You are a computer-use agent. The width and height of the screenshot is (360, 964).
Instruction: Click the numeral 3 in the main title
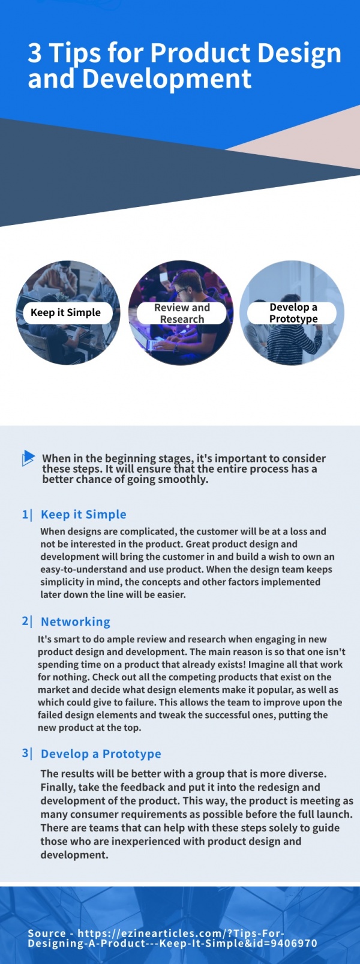35,53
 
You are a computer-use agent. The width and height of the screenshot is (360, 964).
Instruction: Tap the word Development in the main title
167,79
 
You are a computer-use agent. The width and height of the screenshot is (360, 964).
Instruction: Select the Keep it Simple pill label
65,313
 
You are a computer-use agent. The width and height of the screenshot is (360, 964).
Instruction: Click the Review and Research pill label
182,313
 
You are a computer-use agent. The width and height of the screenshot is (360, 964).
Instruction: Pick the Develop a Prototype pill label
293,313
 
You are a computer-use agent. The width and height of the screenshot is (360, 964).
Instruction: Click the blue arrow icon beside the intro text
28,458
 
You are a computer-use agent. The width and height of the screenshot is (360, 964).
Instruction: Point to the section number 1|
27,514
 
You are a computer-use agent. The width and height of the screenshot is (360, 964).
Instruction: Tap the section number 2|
27,621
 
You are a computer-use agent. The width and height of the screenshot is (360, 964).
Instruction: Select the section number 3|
27,753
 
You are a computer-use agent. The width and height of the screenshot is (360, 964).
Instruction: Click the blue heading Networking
76,622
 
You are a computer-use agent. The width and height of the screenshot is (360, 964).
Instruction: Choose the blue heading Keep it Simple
83,514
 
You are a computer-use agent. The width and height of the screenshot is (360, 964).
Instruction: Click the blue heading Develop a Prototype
101,754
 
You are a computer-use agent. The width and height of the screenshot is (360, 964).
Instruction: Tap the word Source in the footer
47,933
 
